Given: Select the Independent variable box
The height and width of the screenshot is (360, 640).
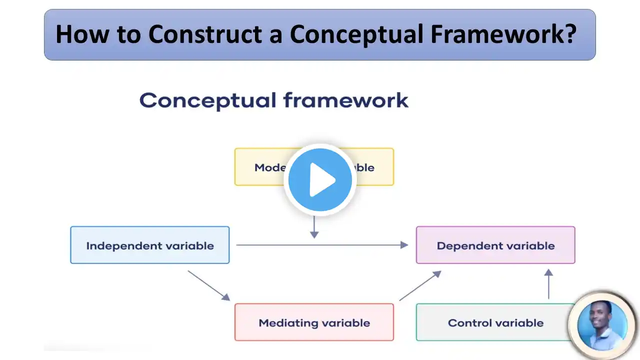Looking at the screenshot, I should click(x=150, y=245).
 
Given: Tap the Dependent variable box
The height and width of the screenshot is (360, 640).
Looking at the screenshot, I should click(x=495, y=245).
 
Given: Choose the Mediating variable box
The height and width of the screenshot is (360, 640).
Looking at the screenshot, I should click(x=314, y=322).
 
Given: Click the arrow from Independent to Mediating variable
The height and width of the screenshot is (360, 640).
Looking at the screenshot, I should click(x=208, y=285).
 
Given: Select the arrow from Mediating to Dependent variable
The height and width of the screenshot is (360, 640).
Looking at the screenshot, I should click(x=420, y=285).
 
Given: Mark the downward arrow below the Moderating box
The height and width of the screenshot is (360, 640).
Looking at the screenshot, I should click(x=314, y=227).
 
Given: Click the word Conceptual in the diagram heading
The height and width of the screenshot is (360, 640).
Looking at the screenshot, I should click(x=207, y=100).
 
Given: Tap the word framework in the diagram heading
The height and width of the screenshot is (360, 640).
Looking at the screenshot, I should click(x=345, y=100).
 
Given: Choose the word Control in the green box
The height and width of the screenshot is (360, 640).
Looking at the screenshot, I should click(x=469, y=322).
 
